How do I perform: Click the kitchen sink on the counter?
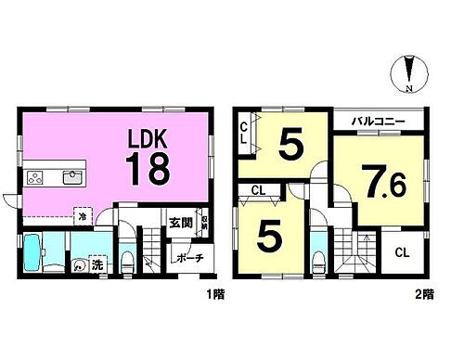(x=72, y=176)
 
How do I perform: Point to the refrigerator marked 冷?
(x=82, y=212)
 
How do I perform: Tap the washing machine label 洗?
(x=97, y=263)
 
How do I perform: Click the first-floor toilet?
(x=127, y=254)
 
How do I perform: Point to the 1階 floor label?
(x=214, y=294)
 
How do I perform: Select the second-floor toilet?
(x=320, y=258)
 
